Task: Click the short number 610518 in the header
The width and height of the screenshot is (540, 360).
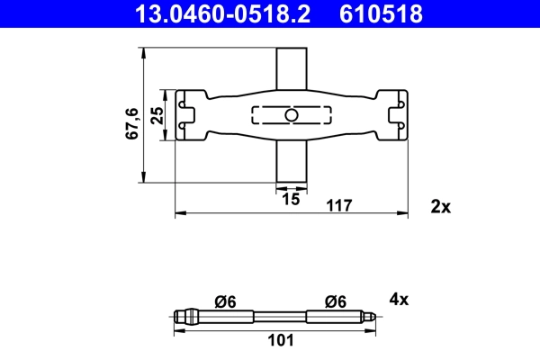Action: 379,13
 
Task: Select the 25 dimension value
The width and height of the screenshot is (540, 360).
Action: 157,115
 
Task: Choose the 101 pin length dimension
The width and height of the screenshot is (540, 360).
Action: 281,341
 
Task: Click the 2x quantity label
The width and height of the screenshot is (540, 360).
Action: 440,206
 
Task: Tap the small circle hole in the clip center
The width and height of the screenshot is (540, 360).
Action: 291,115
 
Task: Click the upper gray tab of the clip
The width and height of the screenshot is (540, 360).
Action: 290,67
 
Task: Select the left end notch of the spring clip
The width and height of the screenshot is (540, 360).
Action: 186,115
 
